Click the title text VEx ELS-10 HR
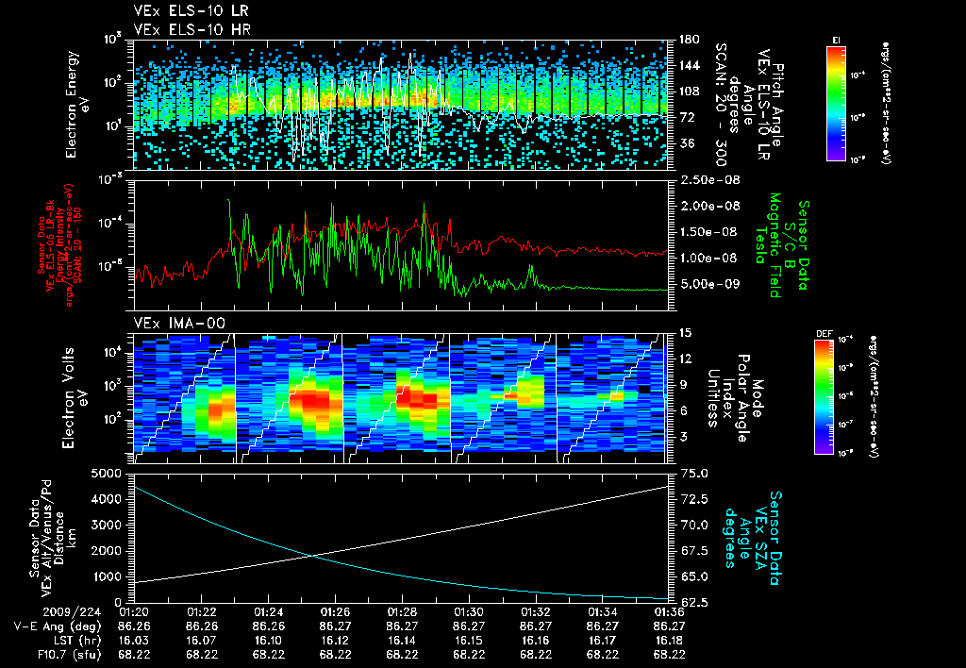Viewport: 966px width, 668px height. click(x=176, y=29)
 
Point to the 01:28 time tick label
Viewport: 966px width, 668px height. click(x=403, y=611)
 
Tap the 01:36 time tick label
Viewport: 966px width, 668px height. click(x=670, y=611)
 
